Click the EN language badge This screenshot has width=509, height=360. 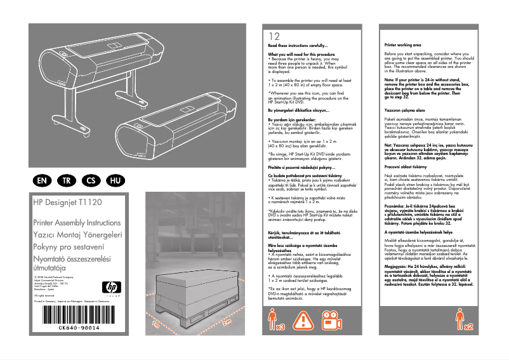(43, 180)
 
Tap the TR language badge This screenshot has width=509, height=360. (67, 180)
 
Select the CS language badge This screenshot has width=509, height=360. (91, 180)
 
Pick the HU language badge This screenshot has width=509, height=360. (115, 180)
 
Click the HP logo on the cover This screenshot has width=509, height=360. (110, 288)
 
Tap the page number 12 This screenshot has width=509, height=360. (274, 36)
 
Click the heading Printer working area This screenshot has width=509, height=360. (403, 46)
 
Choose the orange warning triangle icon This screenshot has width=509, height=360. (305, 321)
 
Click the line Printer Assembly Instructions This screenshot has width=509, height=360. (76, 223)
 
